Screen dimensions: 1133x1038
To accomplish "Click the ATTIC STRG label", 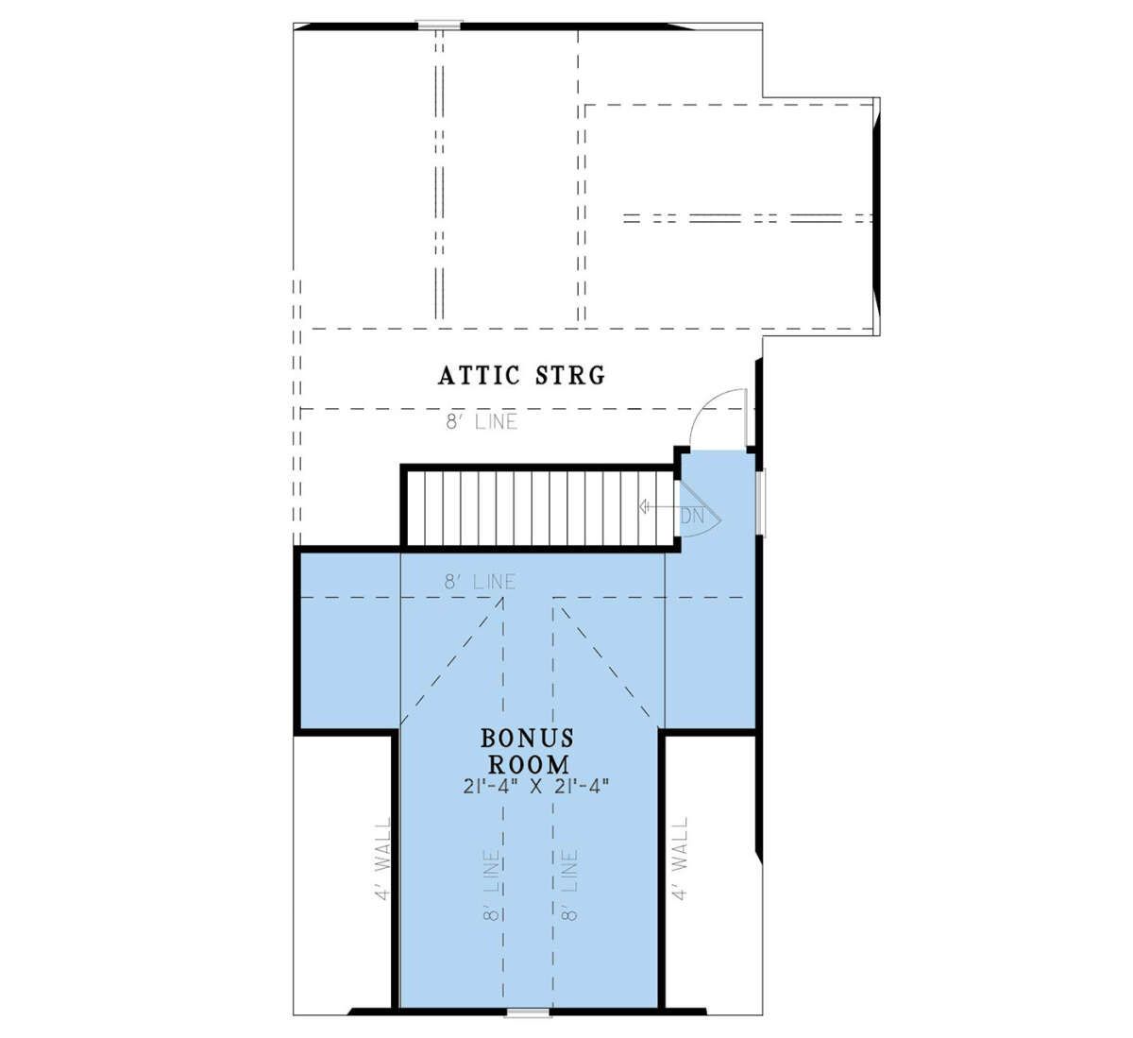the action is tap(521, 375).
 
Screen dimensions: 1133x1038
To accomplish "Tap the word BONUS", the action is tap(528, 738).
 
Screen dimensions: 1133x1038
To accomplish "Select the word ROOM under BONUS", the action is tap(529, 764).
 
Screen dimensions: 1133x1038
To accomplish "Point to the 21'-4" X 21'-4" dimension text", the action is tap(536, 787).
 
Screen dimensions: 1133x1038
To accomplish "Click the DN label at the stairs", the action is tap(692, 516).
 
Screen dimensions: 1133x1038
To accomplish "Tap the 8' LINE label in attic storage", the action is tap(482, 422).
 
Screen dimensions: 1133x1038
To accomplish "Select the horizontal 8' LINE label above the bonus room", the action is tap(480, 582).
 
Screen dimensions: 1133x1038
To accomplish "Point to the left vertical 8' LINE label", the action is tap(492, 885).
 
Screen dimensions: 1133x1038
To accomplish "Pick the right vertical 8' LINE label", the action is tap(570, 885).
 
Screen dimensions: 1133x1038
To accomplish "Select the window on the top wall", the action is tap(439, 25).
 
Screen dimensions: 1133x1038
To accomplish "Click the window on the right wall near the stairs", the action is tap(761, 502).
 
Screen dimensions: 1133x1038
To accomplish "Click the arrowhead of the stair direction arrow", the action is tap(642, 507).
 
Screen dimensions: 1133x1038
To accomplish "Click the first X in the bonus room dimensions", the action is tap(536, 787).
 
